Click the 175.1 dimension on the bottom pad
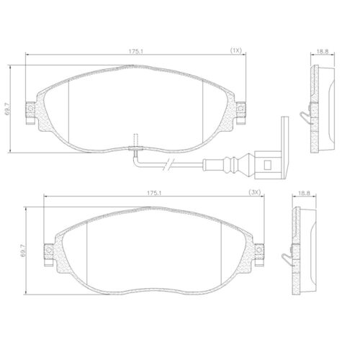click(153, 193)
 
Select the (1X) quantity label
click(235, 50)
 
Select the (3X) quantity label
click(254, 193)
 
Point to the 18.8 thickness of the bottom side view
click(305, 193)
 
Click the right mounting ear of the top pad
click(241, 109)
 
